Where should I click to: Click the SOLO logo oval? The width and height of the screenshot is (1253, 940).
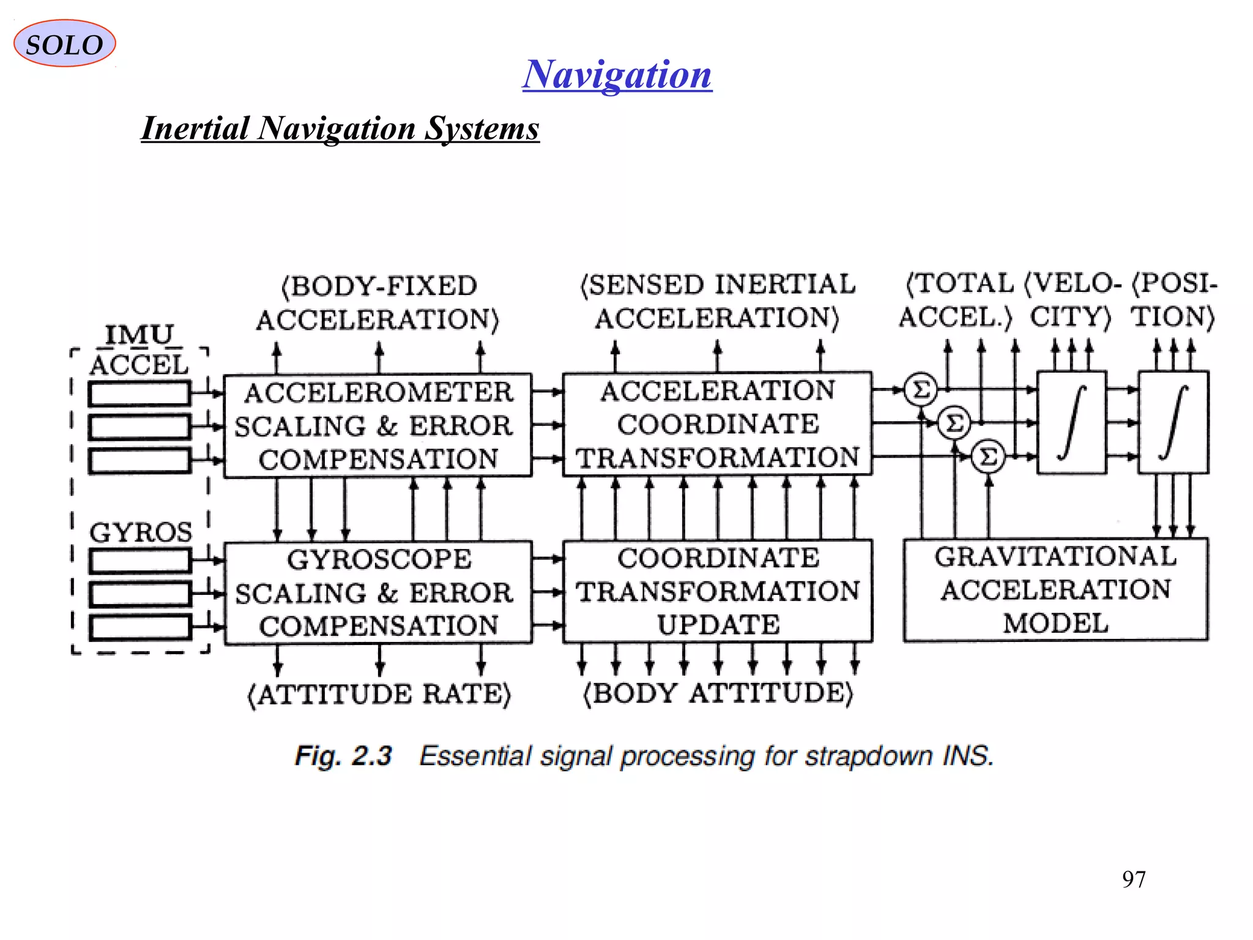click(64, 43)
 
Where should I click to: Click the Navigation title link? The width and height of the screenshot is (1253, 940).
click(617, 74)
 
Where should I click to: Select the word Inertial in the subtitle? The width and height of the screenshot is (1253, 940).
click(195, 129)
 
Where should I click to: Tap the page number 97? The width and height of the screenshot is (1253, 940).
click(1133, 879)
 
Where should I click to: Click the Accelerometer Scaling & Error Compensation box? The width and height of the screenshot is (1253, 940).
click(377, 425)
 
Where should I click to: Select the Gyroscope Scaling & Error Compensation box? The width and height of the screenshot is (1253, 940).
click(377, 592)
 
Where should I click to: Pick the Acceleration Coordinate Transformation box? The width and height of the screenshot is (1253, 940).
click(717, 423)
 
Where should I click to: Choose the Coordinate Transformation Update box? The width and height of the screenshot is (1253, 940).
click(717, 591)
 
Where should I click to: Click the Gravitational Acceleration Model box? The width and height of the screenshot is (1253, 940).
click(1055, 590)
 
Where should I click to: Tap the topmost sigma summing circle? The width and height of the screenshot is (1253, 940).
click(920, 389)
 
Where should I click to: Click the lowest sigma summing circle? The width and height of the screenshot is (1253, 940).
click(988, 457)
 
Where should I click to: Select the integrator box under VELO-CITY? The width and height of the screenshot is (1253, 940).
click(1071, 422)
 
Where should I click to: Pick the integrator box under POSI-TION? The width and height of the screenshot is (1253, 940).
click(1173, 422)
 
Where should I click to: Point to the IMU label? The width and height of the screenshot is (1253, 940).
click(139, 335)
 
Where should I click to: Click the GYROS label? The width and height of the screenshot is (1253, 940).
click(141, 532)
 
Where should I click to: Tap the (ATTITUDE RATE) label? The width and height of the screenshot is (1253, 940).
click(379, 695)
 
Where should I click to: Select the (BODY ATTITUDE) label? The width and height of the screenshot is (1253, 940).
click(717, 693)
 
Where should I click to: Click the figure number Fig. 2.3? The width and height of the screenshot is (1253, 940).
click(343, 756)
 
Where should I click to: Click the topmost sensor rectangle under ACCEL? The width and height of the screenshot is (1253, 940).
click(139, 394)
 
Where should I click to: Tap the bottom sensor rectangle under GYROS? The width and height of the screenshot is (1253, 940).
click(140, 627)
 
